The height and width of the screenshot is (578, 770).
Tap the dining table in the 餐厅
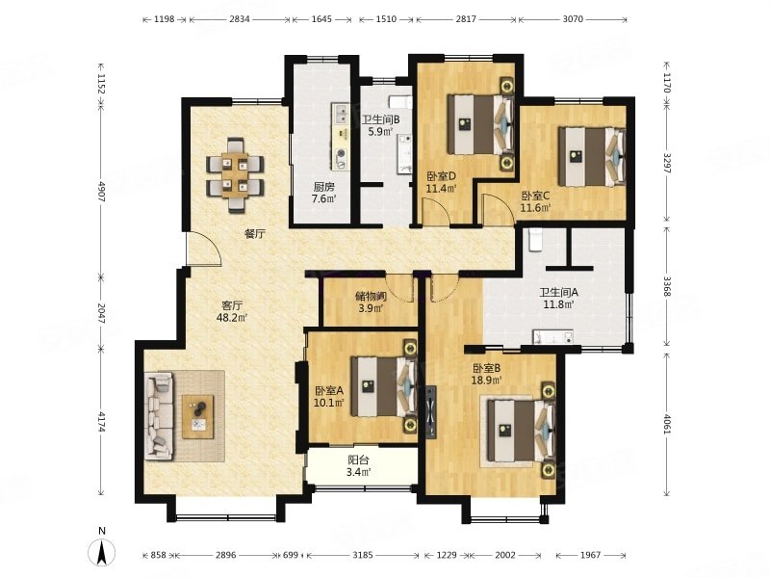click(235, 175)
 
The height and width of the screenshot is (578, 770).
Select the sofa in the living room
click(159, 416)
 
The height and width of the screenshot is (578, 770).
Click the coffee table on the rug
click(198, 417)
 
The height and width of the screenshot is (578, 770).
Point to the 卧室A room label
click(329, 391)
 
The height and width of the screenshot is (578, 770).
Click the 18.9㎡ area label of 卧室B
click(487, 380)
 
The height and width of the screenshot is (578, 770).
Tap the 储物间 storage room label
click(371, 297)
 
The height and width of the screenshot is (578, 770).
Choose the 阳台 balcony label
click(358, 460)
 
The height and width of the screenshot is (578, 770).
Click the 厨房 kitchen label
click(324, 187)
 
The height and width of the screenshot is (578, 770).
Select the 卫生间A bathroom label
click(559, 292)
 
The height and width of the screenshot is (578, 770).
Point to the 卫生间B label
click(380, 119)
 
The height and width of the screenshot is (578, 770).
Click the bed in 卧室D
click(480, 124)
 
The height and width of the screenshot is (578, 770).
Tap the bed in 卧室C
click(592, 157)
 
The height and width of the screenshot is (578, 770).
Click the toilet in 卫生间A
click(535, 240)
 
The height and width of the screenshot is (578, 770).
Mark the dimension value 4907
click(102, 192)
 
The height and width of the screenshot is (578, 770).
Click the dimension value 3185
click(363, 555)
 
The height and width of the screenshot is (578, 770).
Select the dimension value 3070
click(573, 19)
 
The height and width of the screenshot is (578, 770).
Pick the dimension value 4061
click(666, 424)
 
